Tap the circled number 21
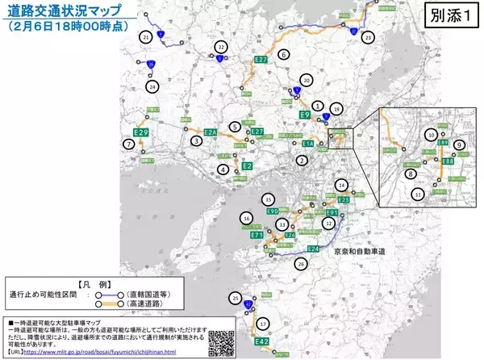146,37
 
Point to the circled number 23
369,37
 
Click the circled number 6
283,54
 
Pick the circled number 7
128,144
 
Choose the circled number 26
301,262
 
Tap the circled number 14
341,184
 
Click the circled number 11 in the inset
417,194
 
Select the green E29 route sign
142,132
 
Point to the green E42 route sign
262,342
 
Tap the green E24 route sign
314,249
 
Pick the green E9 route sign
306,115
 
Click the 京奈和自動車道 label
360,253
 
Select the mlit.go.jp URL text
122,352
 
